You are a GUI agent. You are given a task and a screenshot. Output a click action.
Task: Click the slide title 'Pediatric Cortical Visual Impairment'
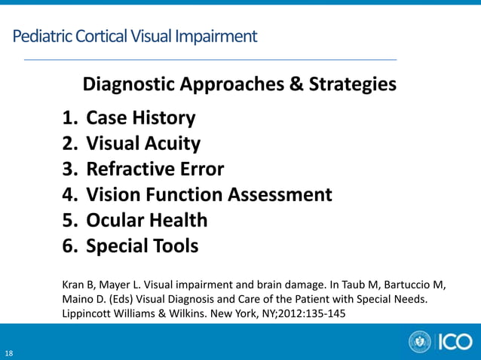tap(135, 35)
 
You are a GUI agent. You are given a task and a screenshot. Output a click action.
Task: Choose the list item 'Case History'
tap(141, 117)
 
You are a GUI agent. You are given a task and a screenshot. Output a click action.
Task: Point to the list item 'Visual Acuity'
tap(143, 143)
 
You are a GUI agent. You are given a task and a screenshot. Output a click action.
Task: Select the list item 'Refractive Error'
tap(155, 169)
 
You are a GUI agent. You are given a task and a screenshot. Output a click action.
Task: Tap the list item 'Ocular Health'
tap(146, 220)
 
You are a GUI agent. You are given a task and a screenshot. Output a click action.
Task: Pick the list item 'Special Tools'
tap(142, 246)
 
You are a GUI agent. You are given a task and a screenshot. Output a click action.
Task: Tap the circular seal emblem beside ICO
tap(419, 342)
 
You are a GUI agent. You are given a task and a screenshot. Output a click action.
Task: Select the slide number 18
tap(8, 352)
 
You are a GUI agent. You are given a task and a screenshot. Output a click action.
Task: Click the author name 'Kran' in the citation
tap(72, 285)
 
